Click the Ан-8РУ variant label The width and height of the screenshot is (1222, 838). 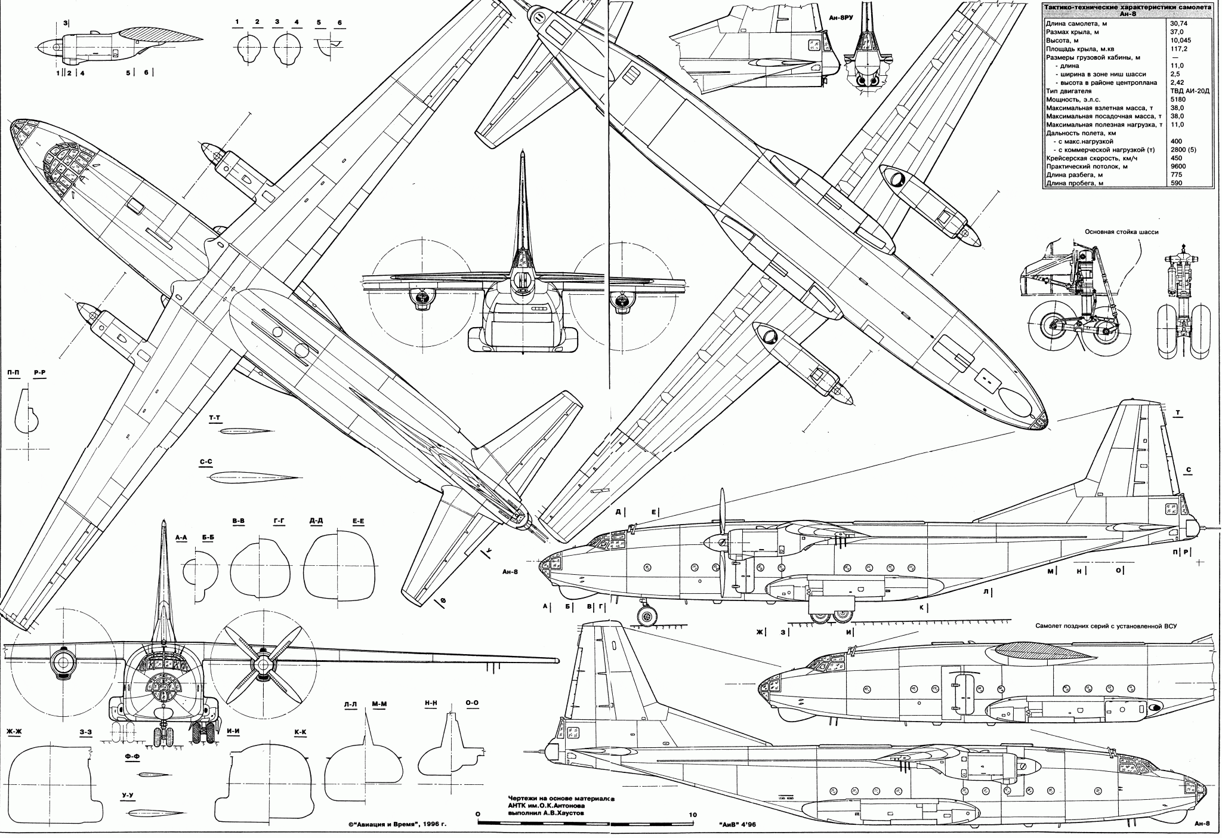[x=841, y=19]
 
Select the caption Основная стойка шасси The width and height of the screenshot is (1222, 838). [x=1121, y=232]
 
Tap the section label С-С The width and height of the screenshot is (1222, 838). [x=206, y=462]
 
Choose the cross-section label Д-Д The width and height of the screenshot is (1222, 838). [x=317, y=521]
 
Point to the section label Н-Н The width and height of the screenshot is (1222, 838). [x=430, y=704]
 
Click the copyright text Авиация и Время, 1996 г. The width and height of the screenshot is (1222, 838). [x=397, y=824]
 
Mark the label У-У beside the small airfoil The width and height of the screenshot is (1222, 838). [x=127, y=796]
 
